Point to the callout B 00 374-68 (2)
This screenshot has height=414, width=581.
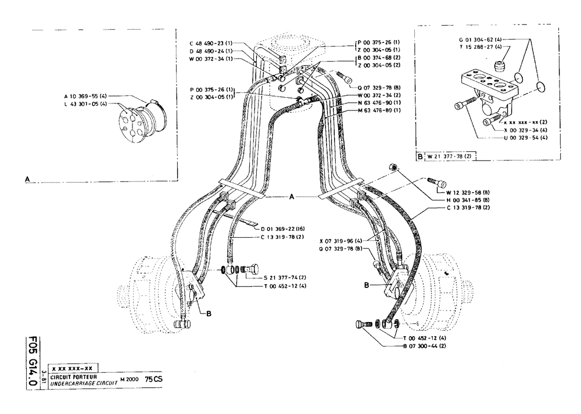pyautogui.click(x=378, y=58)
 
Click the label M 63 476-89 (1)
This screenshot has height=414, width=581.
pyautogui.click(x=378, y=110)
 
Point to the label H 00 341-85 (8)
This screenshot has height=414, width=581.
pyautogui.click(x=469, y=199)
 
